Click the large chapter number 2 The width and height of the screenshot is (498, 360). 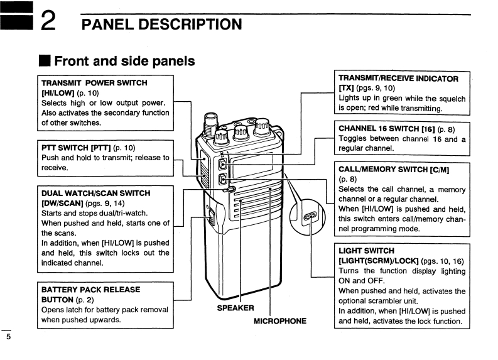point(48,21)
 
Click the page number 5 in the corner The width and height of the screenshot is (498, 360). point(9,337)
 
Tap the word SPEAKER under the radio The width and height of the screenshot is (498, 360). point(235,308)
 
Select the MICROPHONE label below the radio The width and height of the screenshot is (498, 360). point(280,321)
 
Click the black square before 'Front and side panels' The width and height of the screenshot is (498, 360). point(45,61)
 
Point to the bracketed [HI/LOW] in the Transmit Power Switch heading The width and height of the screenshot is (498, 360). point(58,93)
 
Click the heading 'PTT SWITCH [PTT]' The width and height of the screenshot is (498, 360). point(76,148)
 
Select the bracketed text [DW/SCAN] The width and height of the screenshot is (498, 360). point(62,203)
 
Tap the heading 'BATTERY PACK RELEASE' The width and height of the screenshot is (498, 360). point(90,290)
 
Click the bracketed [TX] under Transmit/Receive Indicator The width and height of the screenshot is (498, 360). point(346,88)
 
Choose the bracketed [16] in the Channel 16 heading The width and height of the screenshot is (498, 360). point(428,129)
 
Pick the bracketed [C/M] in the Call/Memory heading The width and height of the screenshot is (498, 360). point(439,170)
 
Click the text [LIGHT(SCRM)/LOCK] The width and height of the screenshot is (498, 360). point(378,261)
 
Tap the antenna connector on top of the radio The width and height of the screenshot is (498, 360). point(210,124)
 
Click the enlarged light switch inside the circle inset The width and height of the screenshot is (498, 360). point(310,216)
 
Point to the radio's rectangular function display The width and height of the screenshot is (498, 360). point(252,166)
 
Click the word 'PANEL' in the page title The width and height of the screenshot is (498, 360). point(107,25)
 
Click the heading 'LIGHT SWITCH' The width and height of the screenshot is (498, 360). point(366,251)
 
